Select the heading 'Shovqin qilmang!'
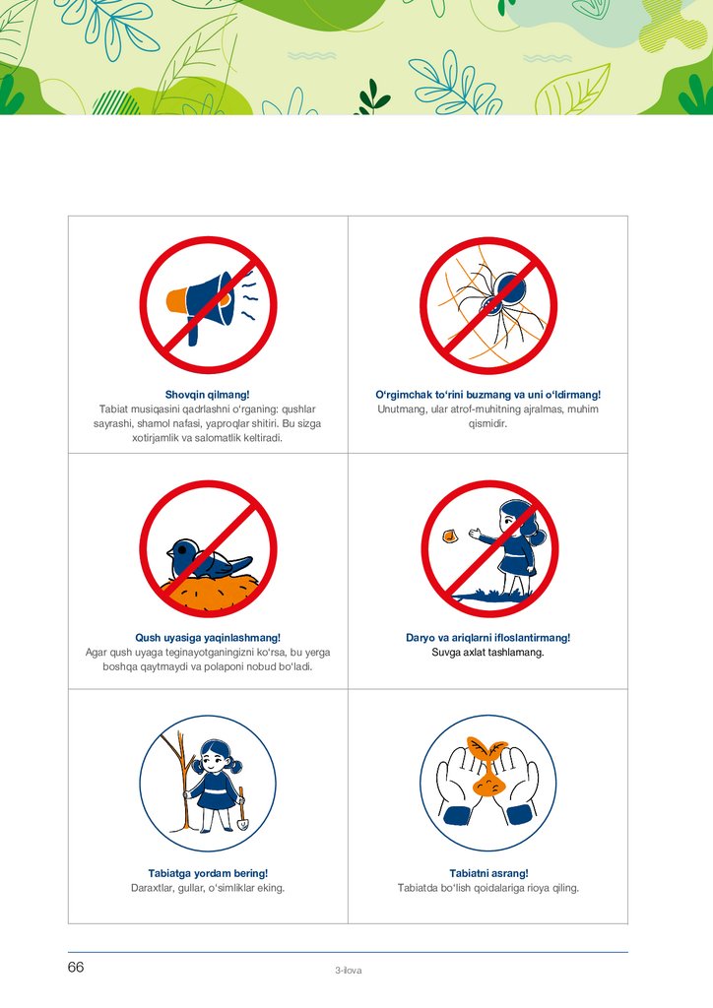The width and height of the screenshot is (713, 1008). pyautogui.click(x=207, y=395)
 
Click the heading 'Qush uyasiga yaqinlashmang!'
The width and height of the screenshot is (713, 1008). pyautogui.click(x=208, y=638)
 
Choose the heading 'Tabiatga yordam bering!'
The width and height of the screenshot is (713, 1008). pyautogui.click(x=208, y=874)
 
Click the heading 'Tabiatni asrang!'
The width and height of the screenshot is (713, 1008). pyautogui.click(x=488, y=874)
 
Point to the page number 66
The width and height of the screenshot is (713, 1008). pyautogui.click(x=76, y=968)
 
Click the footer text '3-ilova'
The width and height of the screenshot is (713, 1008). pyautogui.click(x=348, y=971)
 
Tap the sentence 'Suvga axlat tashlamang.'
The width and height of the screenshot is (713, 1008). pyautogui.click(x=488, y=653)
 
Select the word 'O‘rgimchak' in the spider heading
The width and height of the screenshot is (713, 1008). pyautogui.click(x=404, y=395)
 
